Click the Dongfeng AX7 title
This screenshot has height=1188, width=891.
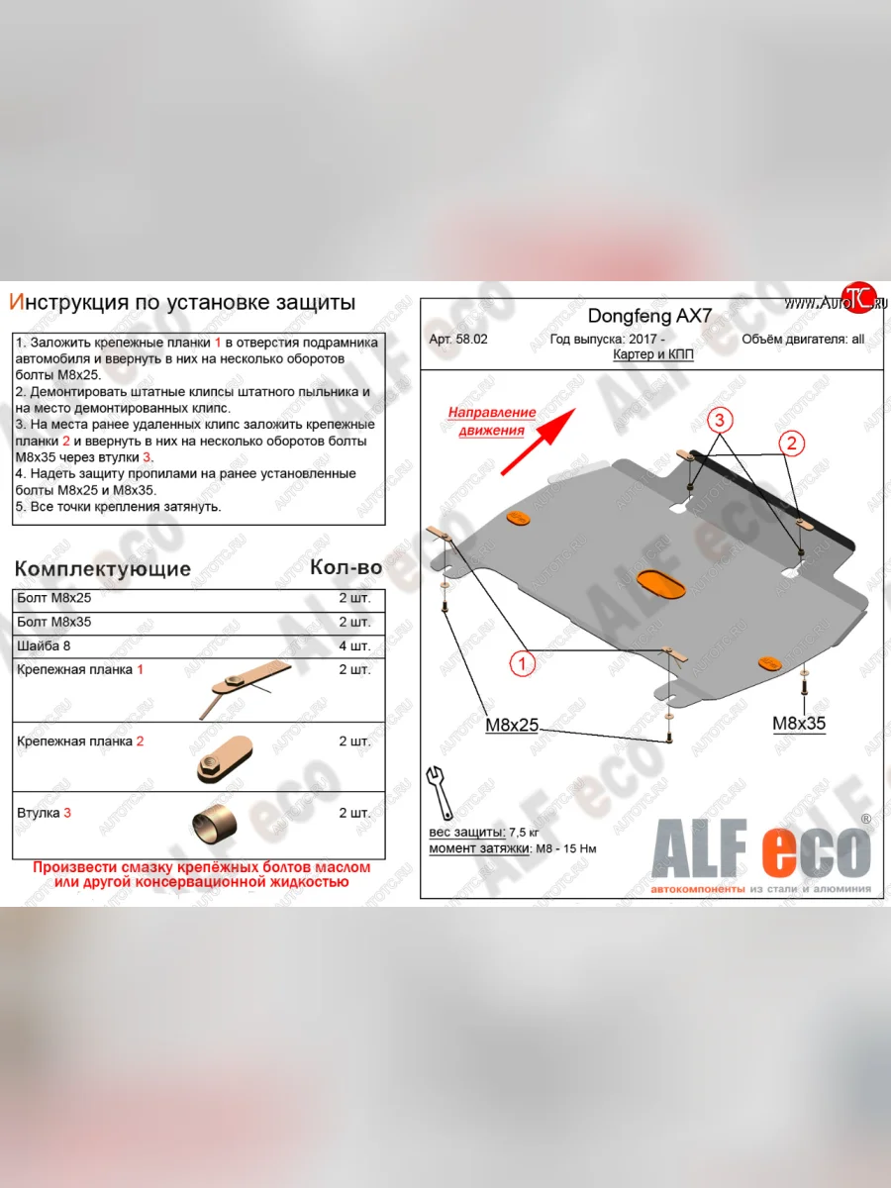(x=649, y=317)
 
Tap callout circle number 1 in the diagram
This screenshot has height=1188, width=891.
(x=523, y=663)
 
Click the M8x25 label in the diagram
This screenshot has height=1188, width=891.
(x=512, y=725)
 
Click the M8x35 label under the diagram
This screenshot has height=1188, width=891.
(x=799, y=723)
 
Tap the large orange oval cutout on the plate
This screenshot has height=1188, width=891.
(x=661, y=585)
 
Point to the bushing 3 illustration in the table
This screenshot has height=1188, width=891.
(x=217, y=824)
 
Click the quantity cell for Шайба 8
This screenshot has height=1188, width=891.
(x=353, y=645)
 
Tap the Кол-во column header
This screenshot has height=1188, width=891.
(x=346, y=567)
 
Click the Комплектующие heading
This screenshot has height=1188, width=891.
(x=102, y=568)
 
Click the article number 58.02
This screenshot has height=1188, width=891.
(x=459, y=339)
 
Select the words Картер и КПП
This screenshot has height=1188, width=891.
(x=652, y=354)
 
